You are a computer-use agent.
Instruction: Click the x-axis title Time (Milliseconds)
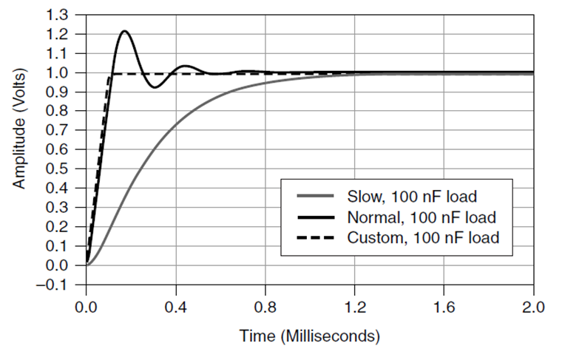[310, 336]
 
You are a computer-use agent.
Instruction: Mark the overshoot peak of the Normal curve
[124, 31]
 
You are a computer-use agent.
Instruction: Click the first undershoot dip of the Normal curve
[154, 88]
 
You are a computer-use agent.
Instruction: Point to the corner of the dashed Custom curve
[109, 74]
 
